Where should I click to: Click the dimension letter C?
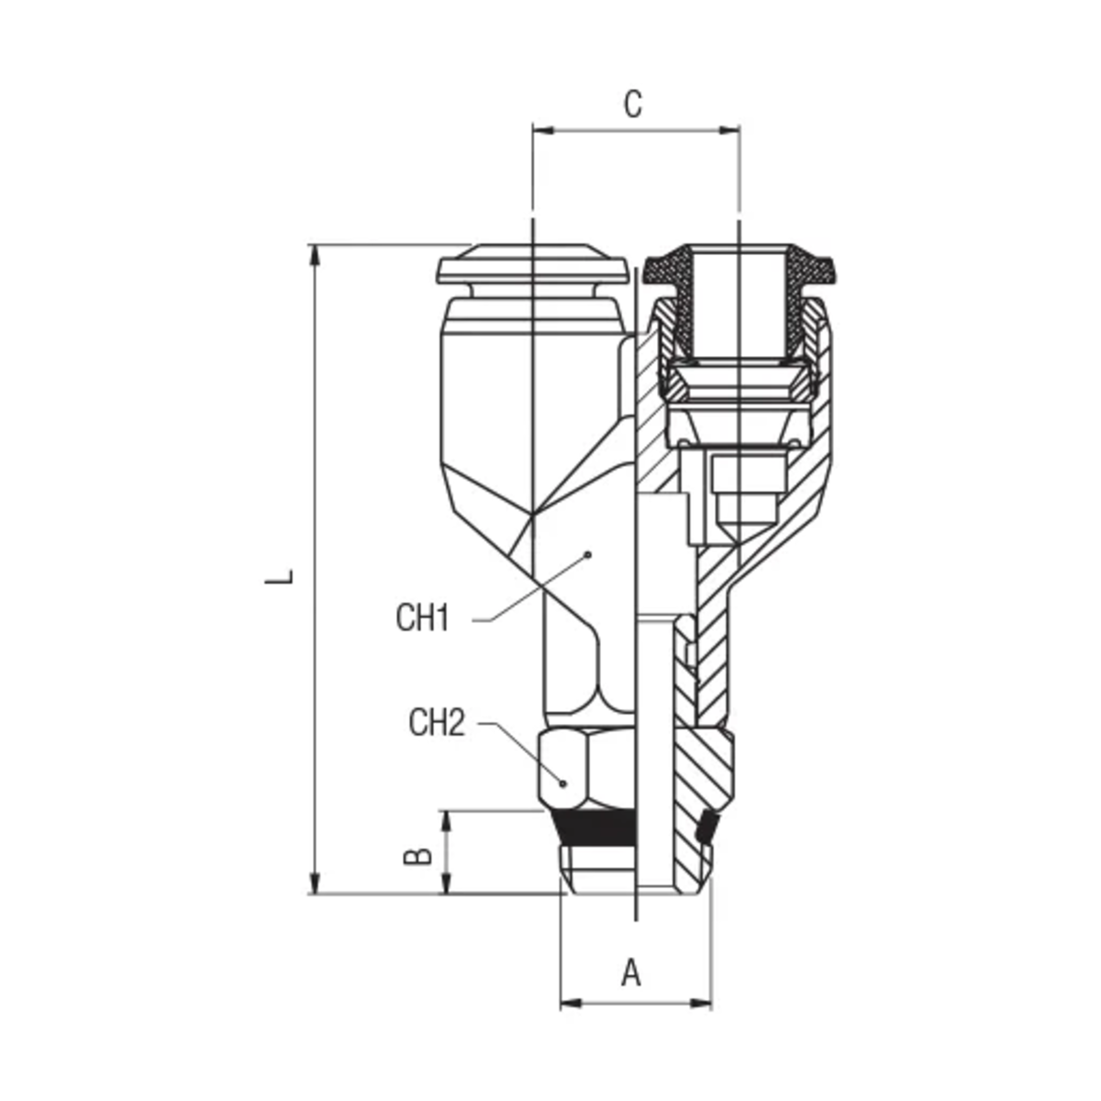point(632,105)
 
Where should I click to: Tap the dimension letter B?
point(417,856)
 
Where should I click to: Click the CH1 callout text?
point(422,617)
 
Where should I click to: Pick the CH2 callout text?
point(437,723)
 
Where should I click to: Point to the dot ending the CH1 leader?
point(589,554)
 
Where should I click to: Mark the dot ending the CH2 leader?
point(562,784)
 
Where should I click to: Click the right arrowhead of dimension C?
point(728,130)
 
